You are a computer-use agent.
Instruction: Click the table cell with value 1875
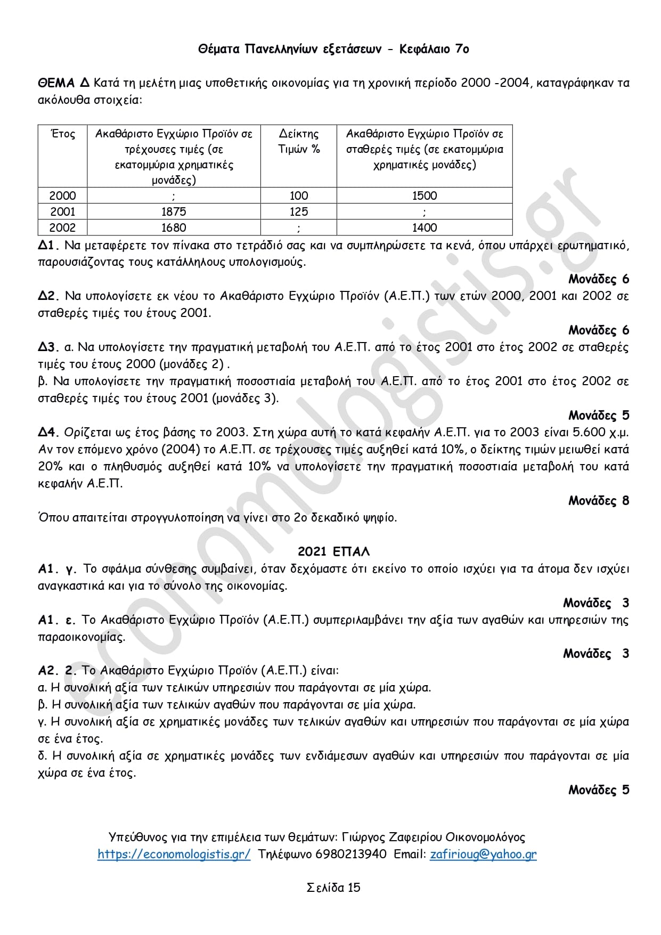174,212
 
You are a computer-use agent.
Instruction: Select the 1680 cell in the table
174,227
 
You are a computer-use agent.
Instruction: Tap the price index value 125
298,212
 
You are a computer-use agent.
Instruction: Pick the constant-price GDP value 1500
424,196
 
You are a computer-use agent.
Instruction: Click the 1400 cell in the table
424,227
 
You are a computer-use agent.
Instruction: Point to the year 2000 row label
62,196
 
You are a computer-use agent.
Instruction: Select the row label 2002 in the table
62,227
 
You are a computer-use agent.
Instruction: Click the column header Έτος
62,134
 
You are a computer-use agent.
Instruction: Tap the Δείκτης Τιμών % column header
298,141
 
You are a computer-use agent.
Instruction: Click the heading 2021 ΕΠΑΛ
333,551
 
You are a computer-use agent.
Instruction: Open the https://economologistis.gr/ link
174,854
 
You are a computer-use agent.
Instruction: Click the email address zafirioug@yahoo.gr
483,854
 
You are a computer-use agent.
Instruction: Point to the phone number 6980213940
351,854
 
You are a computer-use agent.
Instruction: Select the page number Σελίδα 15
333,887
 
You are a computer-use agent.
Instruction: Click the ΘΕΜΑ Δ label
63,83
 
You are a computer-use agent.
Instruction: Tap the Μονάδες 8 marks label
598,500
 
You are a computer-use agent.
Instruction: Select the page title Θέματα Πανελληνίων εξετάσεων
290,49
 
